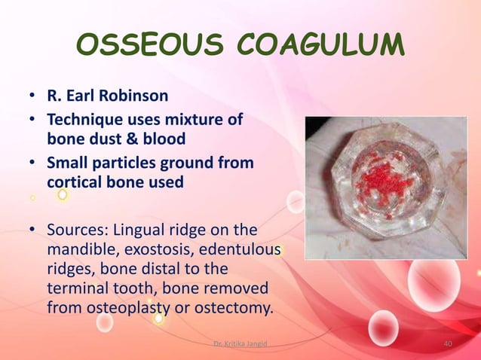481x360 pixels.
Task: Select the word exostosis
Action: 150,249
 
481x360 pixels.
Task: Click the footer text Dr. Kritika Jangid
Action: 240,345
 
